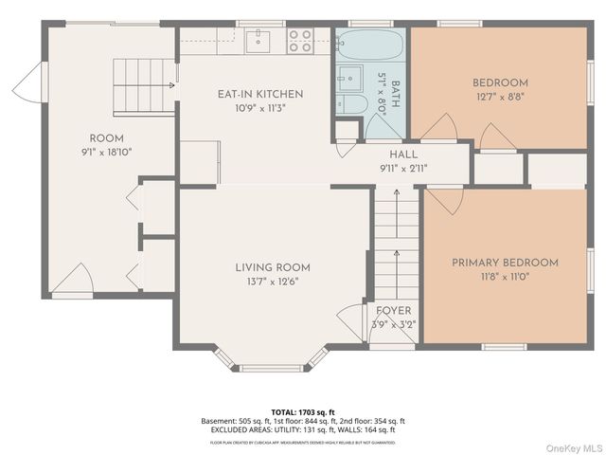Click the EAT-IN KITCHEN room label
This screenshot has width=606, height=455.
260,94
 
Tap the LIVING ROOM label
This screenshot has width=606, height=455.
273,267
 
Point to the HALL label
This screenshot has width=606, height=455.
402,155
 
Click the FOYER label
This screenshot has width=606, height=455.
394,311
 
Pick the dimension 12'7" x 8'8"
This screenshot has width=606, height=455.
500,96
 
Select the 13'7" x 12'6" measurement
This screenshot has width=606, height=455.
273,281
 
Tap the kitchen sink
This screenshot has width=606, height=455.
257,41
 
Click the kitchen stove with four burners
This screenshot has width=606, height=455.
300,40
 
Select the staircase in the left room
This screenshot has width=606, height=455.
145,75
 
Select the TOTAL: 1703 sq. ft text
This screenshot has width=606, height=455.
302,411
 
